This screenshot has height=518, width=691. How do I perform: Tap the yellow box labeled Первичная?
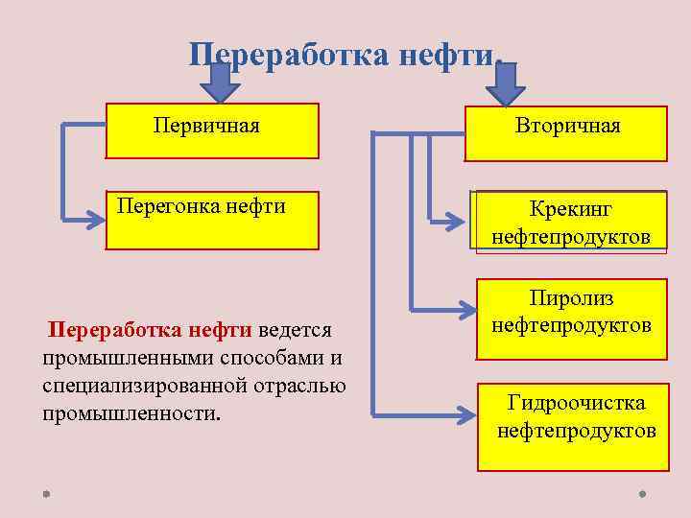(x=211, y=130)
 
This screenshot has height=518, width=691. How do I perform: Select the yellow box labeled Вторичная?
(x=566, y=132)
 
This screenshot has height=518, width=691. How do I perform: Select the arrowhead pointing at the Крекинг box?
(x=465, y=222)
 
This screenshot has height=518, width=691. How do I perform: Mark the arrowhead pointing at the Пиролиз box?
(x=466, y=310)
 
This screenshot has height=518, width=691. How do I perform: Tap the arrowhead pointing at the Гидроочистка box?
(x=467, y=415)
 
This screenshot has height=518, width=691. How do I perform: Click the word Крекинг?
(x=570, y=209)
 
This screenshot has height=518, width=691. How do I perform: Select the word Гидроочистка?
(x=576, y=402)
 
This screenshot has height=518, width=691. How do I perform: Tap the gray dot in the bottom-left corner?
(x=45, y=495)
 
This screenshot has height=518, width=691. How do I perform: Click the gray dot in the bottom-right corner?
(x=641, y=495)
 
